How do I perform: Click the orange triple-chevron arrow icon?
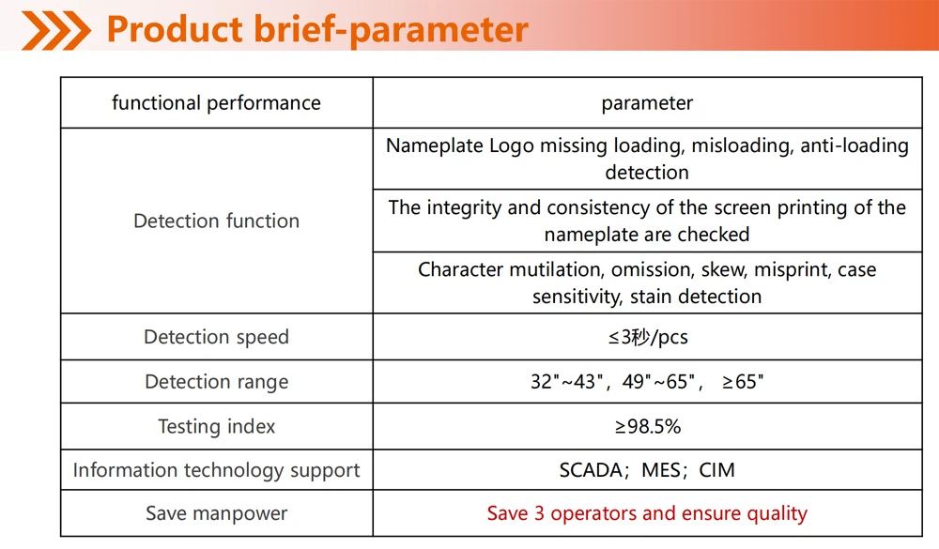[55, 30]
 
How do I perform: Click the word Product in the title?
[175, 29]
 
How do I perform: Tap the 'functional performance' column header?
[216, 103]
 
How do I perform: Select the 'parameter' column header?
[647, 103]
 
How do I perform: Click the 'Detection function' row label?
[216, 221]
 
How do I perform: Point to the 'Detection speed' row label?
[216, 337]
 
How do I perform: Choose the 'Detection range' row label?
[216, 382]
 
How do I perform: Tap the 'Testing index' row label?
[216, 426]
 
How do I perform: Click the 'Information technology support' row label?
[216, 470]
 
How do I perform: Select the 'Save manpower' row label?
[216, 513]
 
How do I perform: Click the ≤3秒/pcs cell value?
[648, 337]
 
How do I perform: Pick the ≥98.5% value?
[647, 426]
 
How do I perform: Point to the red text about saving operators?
[647, 513]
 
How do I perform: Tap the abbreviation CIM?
[716, 470]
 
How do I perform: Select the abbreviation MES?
[661, 470]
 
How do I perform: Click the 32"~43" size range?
[566, 381]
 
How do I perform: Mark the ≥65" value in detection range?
[743, 381]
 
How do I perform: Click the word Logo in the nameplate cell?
[512, 146]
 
